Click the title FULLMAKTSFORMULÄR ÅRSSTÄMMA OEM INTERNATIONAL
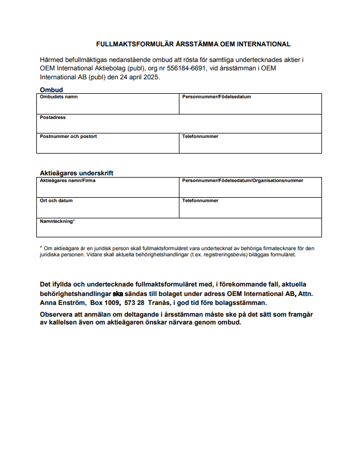coord(193,44)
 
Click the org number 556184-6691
coord(204,68)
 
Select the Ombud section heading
coord(51,90)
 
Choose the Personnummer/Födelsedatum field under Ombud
coord(250,106)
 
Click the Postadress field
coord(179,125)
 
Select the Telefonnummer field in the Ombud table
coord(250,145)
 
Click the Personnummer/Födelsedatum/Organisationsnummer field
coord(250,189)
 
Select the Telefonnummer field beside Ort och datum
coord(250,209)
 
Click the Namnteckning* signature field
coord(179,230)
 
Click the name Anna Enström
coord(61,303)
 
